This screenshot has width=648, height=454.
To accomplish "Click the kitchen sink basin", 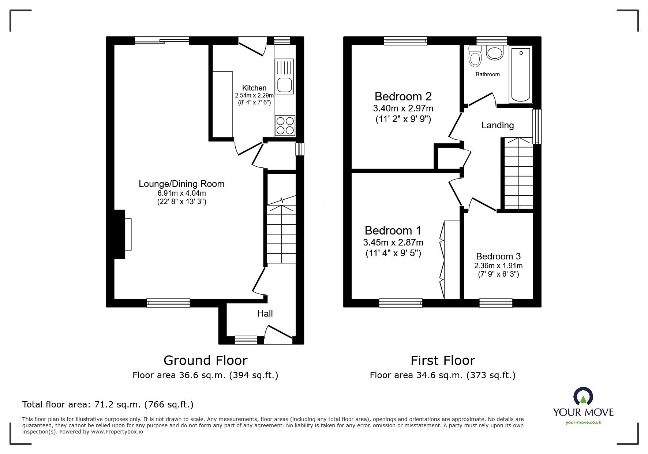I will click(285, 85).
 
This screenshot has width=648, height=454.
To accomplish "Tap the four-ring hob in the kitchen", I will click(285, 125).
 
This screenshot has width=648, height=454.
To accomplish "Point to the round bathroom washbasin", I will click(495, 53).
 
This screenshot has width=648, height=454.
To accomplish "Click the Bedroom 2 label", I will click(403, 96).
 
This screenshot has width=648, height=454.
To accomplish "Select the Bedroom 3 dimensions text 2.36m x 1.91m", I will click(498, 266).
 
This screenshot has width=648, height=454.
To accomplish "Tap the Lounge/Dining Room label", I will click(181, 184).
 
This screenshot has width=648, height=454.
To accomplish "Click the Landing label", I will click(497, 125).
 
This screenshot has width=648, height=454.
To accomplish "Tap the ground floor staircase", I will click(281, 231).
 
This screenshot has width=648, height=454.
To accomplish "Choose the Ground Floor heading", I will click(205, 361).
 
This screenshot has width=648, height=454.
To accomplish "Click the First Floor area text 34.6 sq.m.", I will click(442, 375).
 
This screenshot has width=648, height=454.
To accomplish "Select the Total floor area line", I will click(108, 405).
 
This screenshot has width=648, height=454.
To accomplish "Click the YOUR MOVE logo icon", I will click(583, 397).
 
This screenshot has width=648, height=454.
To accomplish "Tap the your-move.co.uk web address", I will click(583, 422).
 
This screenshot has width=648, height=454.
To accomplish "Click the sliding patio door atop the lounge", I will click(162, 41).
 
